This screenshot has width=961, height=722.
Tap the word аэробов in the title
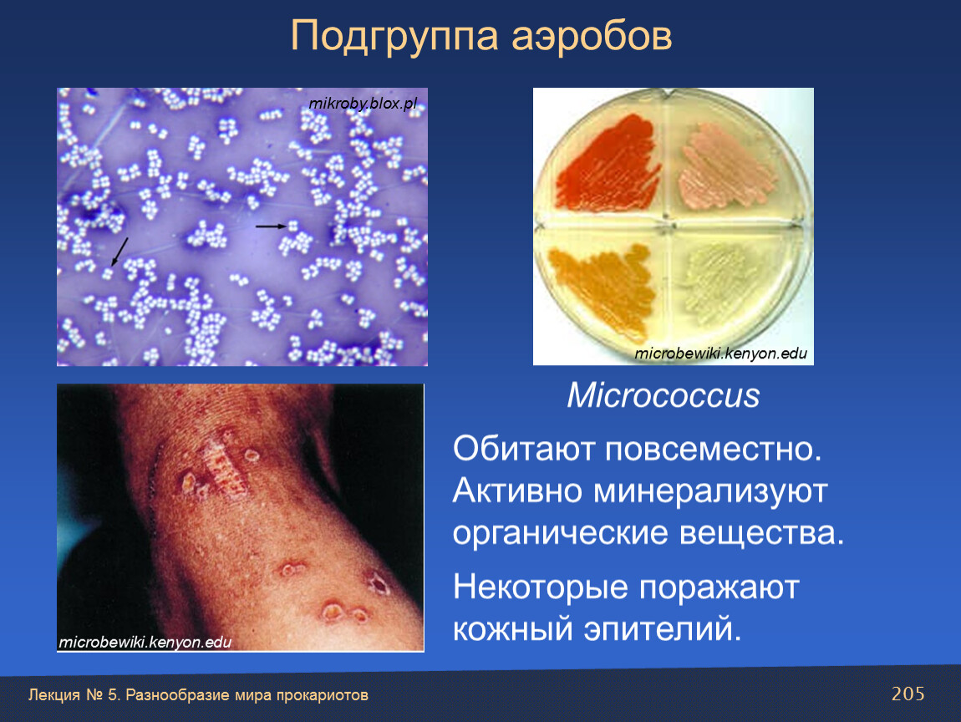pyautogui.click(x=592, y=37)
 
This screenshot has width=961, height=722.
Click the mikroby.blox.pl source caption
pyautogui.click(x=363, y=104)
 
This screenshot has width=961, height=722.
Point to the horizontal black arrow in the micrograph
pyautogui.click(x=271, y=226)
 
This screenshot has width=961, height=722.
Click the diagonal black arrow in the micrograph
pyautogui.click(x=119, y=252)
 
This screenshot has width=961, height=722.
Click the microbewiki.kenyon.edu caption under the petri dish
pyautogui.click(x=720, y=353)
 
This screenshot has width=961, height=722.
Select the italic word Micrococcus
pyautogui.click(x=664, y=395)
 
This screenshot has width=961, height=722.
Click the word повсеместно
pyautogui.click(x=713, y=450)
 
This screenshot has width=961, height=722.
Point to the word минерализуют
pyautogui.click(x=709, y=491)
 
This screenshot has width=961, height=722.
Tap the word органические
pyautogui.click(x=560, y=533)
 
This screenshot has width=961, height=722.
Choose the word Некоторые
pyautogui.click(x=541, y=587)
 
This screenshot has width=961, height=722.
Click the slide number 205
pyautogui.click(x=908, y=694)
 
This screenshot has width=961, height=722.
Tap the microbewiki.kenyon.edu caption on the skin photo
pyautogui.click(x=145, y=643)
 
